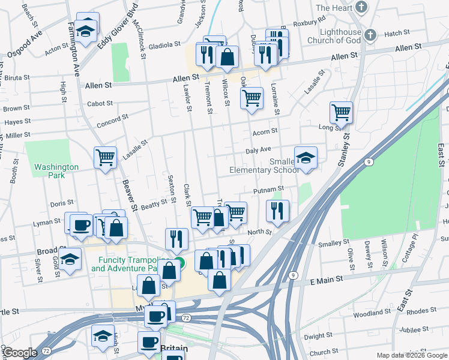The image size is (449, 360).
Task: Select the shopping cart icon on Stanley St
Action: coord(341,112)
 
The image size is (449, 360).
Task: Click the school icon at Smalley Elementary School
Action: coord(306,158)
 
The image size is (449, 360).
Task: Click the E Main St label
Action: coord(326,280)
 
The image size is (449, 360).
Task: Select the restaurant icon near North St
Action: coord(277,211)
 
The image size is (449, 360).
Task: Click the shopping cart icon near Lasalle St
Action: coord(106,158)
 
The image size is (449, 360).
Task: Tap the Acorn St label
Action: coord(265,131)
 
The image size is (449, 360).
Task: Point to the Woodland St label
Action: coord(372,313)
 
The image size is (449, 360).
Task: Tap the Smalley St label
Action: coord(334,242)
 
